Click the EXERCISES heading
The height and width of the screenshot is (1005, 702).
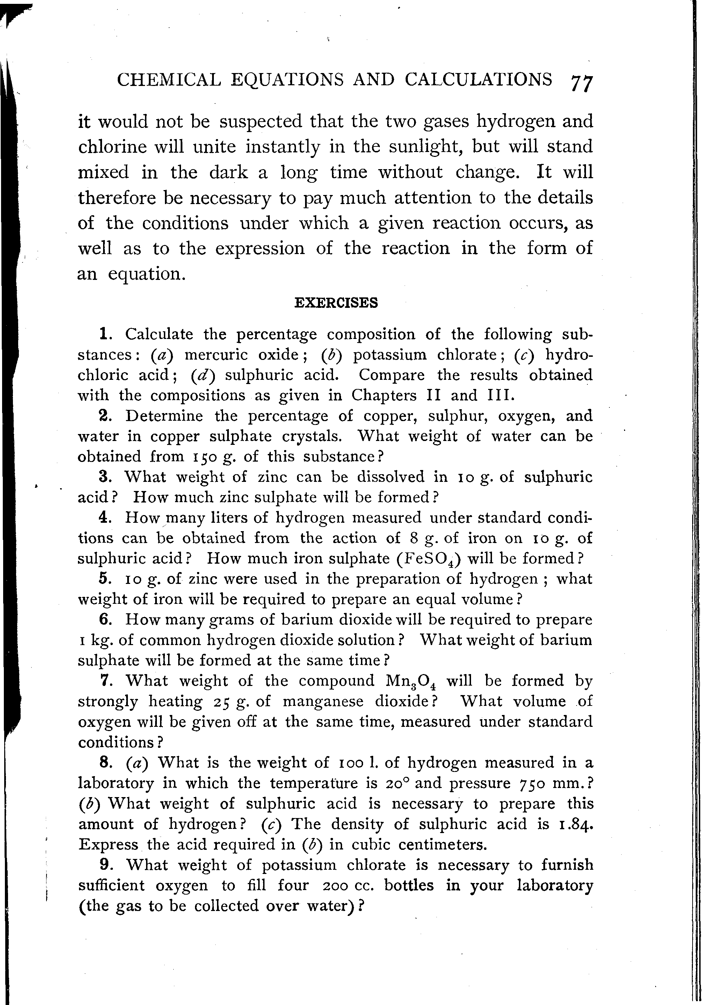tap(336, 303)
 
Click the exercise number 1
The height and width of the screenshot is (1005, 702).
tap(104, 334)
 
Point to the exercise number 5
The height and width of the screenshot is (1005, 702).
tap(103, 579)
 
